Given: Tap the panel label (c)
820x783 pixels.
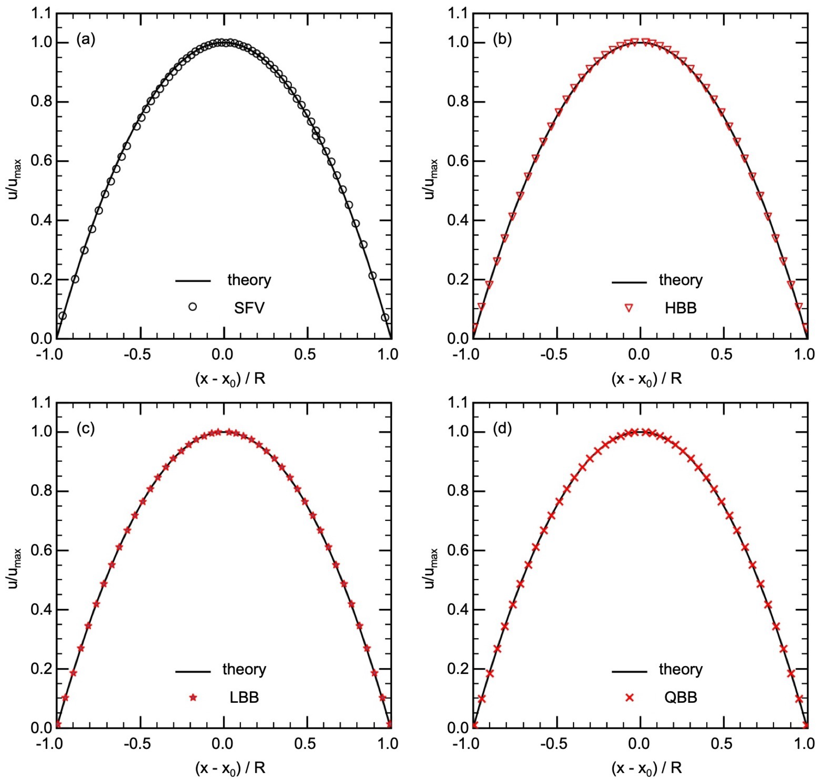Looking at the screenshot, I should (x=86, y=429).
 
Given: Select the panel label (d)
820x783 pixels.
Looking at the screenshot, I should (x=502, y=429).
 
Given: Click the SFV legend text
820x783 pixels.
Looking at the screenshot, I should (x=249, y=308).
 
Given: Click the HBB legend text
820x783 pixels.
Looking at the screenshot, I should (x=681, y=308).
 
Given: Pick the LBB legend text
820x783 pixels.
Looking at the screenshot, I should (x=244, y=697).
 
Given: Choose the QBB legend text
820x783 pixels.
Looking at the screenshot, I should (x=681, y=697).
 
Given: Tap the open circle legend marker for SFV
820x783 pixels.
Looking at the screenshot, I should (x=192, y=307).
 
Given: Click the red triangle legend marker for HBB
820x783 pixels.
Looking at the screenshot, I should (x=629, y=308).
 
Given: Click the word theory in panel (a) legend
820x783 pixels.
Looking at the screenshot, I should (x=249, y=280).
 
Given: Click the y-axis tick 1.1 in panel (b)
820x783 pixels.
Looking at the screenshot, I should (x=457, y=14).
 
